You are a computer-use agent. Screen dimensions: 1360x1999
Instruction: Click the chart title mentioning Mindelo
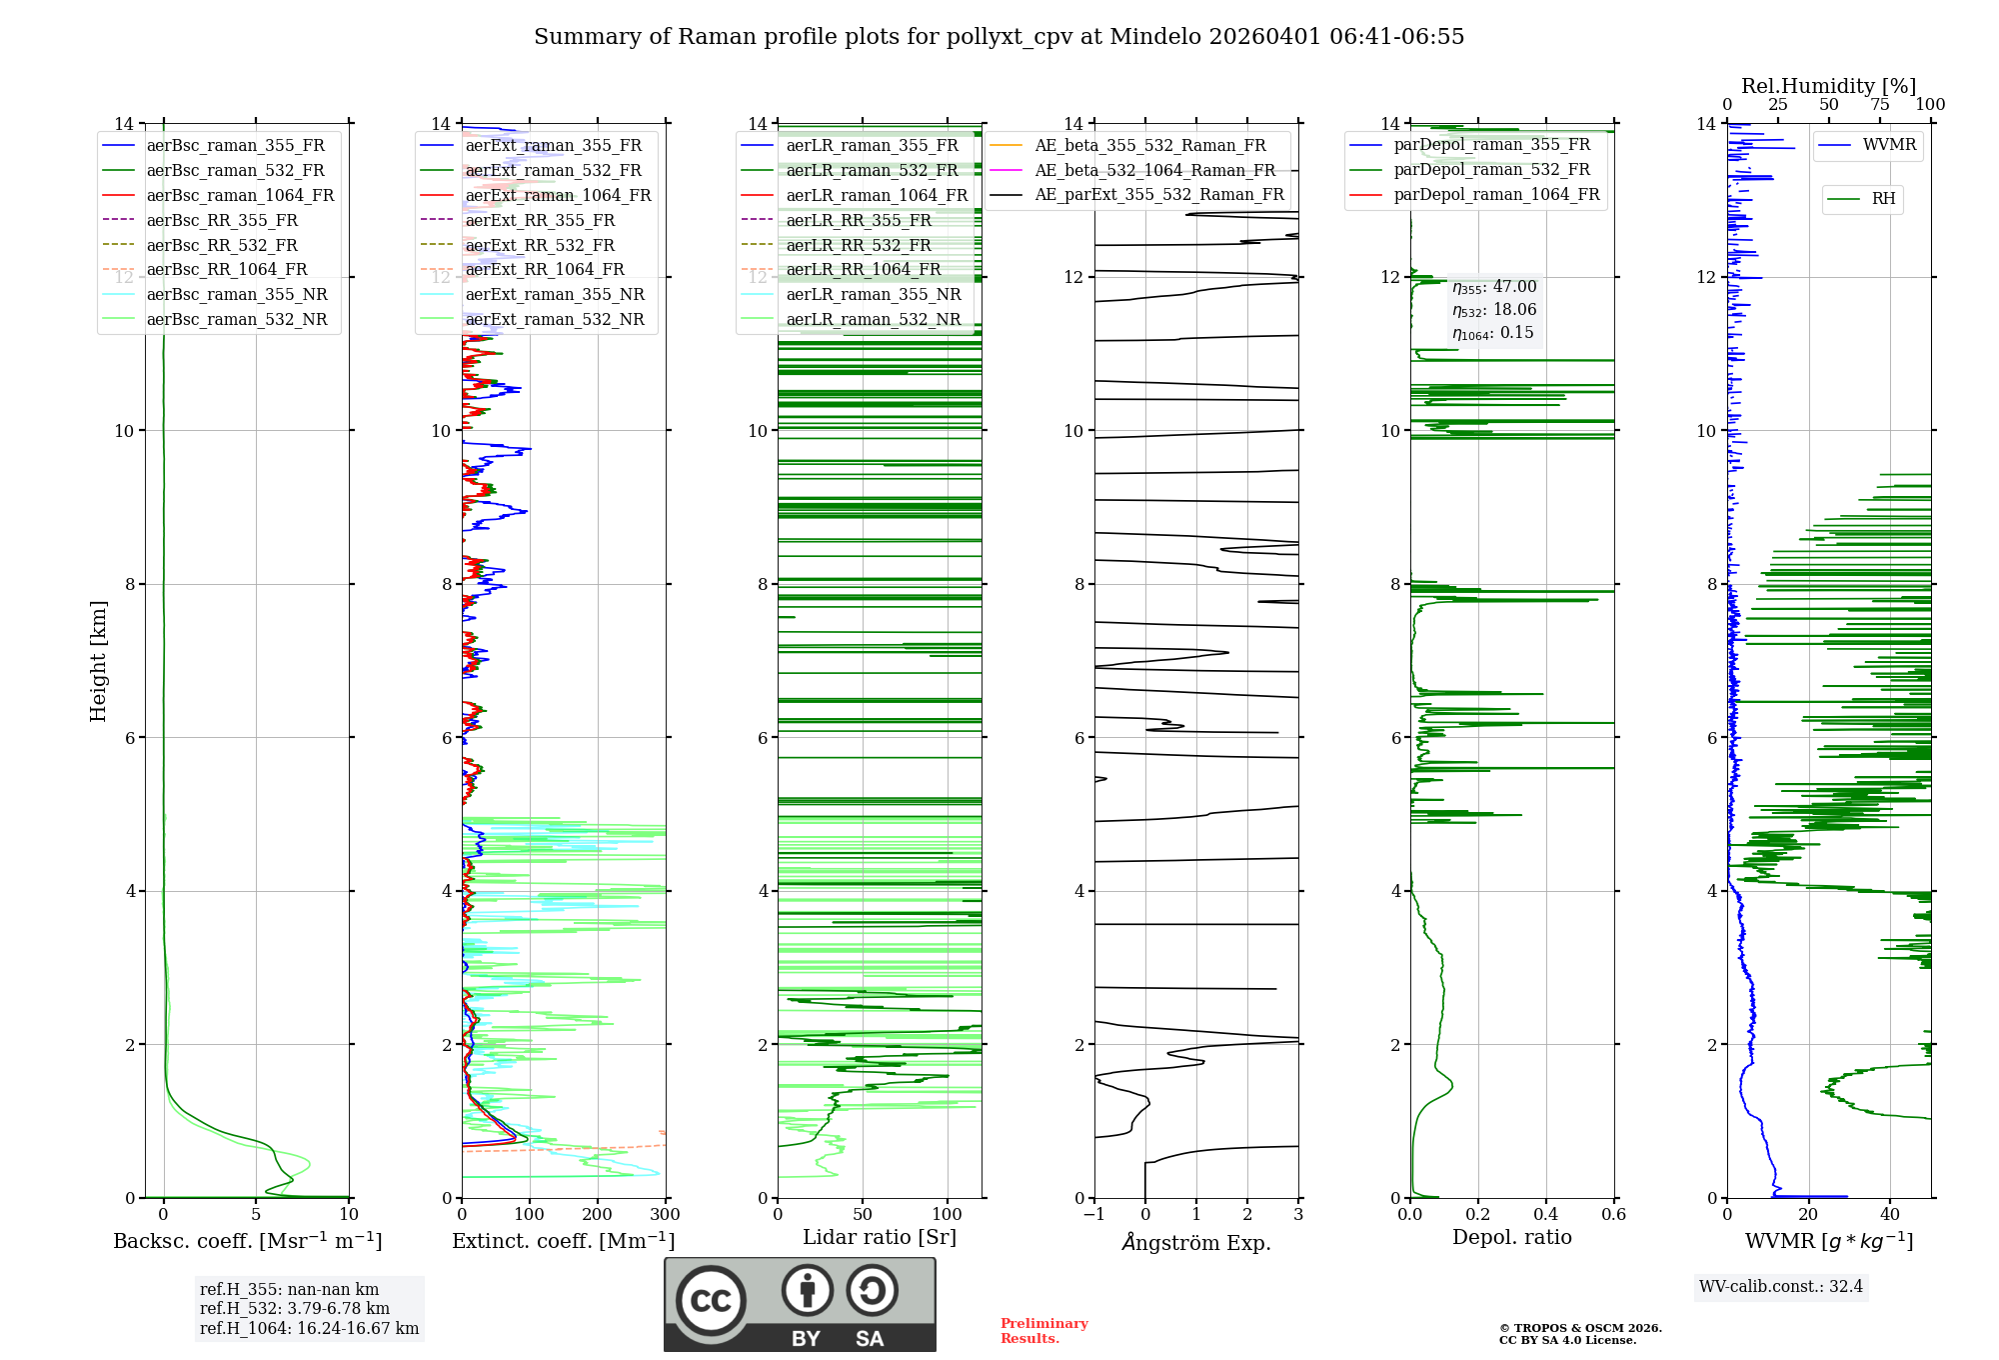pos(999,37)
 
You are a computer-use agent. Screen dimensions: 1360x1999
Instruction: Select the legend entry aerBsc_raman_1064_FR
pos(240,195)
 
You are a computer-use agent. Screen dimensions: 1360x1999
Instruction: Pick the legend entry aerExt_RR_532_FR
pos(540,245)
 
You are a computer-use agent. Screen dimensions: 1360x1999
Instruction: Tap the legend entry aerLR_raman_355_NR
pos(873,294)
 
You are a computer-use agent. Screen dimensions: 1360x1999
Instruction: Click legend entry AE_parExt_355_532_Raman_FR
pos(1158,194)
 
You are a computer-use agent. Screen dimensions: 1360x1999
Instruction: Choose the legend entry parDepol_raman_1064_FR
pos(1496,194)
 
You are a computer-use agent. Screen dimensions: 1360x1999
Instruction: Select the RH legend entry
pos(1883,199)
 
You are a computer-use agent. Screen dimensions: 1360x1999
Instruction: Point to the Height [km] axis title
pos(98,661)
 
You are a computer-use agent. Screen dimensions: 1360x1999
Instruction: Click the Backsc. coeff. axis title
pos(248,1241)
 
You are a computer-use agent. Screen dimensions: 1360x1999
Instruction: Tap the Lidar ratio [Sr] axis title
pos(880,1237)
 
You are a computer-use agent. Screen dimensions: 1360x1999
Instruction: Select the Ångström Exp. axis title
pos(1196,1242)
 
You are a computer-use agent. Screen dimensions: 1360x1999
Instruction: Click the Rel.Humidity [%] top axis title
pos(1828,86)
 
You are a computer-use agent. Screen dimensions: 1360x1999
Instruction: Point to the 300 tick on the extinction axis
pos(665,1215)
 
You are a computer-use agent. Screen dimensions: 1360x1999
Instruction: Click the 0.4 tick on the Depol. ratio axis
pos(1545,1215)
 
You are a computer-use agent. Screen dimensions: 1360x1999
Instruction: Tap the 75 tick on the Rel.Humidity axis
pos(1880,105)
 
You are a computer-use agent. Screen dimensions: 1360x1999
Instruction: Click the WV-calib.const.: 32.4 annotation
pos(1781,1286)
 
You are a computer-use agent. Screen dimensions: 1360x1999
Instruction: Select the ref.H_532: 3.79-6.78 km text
pos(295,1308)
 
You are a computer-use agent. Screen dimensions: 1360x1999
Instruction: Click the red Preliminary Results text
pos(1043,1331)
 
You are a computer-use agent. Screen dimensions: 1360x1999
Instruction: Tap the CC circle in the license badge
pos(711,1301)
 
